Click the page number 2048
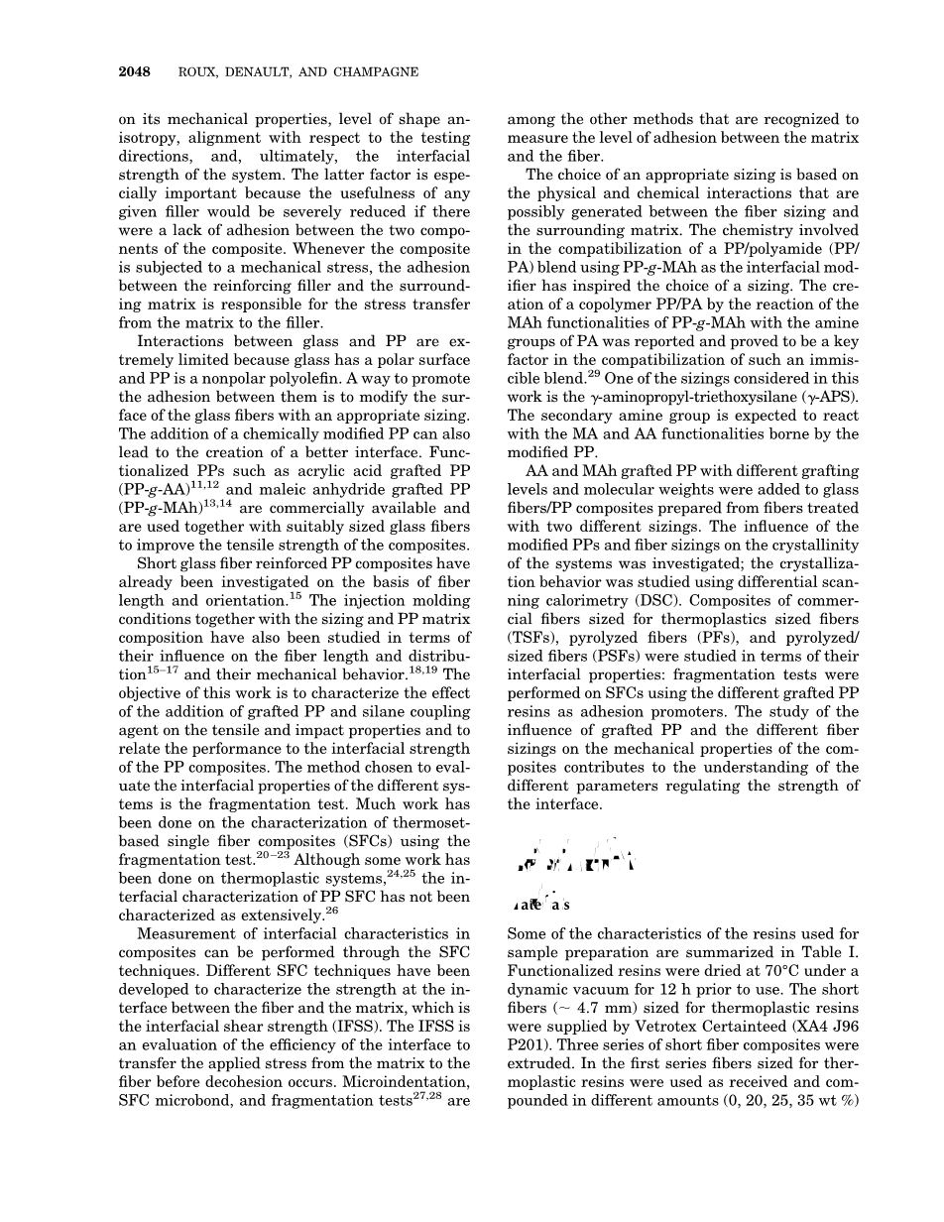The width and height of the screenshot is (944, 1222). (134, 71)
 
